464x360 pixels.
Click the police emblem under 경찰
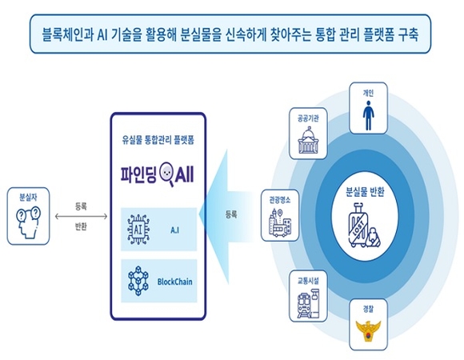click(368, 331)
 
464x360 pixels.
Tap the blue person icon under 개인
click(368, 115)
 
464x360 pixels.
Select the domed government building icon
click(308, 140)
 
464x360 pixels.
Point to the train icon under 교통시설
click(308, 303)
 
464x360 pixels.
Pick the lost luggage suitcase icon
click(364, 225)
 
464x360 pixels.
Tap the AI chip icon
click(138, 230)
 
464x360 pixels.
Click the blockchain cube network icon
click(138, 281)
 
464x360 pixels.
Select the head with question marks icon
click(28, 222)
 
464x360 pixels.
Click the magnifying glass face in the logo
click(167, 174)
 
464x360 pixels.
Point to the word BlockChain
click(174, 282)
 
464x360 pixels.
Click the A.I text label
click(174, 230)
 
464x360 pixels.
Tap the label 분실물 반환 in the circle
click(365, 192)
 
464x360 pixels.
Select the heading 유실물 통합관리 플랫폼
click(158, 140)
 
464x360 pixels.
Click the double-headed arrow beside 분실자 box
click(81, 217)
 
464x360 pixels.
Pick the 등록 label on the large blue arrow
click(231, 214)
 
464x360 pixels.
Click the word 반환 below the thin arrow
click(81, 227)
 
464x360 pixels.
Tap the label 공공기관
click(308, 118)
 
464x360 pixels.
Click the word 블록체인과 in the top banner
click(68, 35)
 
